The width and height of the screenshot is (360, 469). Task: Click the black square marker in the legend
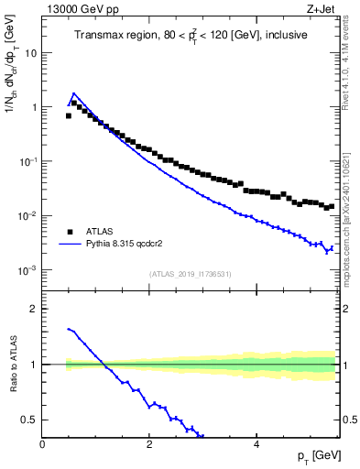[x=70, y=232]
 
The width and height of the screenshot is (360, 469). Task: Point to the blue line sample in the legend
[x=70, y=245]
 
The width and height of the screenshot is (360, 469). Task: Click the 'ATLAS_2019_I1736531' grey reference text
[x=190, y=274]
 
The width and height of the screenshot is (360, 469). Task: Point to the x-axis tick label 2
[x=149, y=444]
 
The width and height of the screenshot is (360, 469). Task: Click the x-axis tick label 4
[x=256, y=444]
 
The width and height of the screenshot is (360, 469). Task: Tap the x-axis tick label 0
[x=43, y=444]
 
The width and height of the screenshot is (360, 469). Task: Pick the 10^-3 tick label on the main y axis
[x=28, y=271]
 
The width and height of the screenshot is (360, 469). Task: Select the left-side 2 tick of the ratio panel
[x=34, y=309]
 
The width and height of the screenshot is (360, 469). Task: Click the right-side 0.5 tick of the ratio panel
[x=348, y=420]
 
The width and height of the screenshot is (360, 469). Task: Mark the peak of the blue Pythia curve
[x=73, y=93]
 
